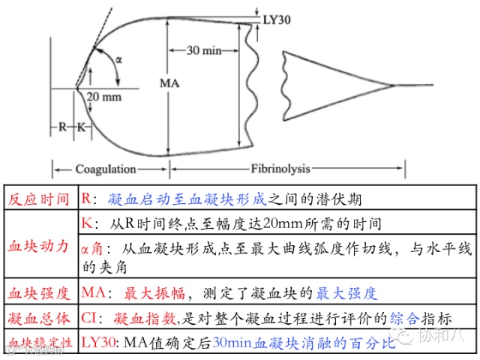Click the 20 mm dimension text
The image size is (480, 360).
[x=102, y=97]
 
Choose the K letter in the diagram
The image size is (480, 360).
[x=81, y=127]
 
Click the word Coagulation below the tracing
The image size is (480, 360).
[x=105, y=169]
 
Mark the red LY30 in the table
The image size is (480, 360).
[x=98, y=343]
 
